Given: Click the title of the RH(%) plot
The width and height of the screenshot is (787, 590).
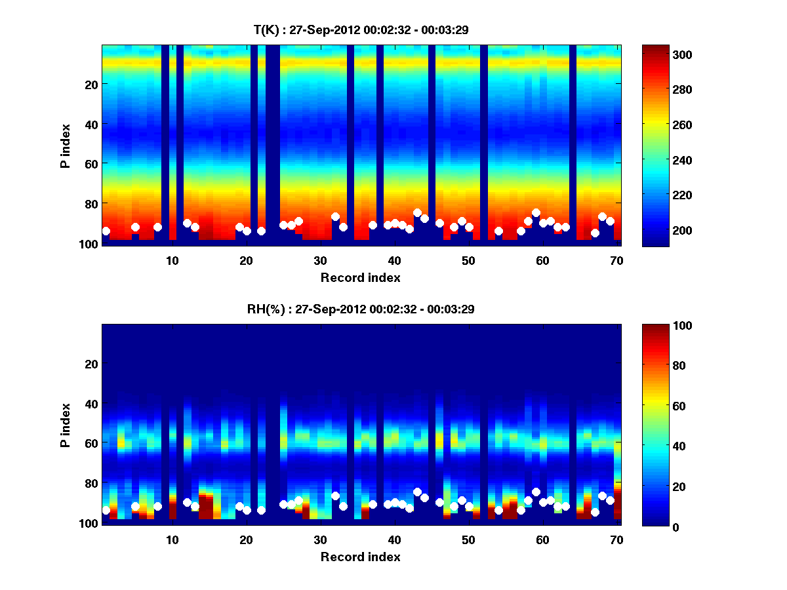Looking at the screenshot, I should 360,309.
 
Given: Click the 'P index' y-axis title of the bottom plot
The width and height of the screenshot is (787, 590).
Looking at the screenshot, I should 66,425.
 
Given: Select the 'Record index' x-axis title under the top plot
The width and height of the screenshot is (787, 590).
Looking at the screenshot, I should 360,277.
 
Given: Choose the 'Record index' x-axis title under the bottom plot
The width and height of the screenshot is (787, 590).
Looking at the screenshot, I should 360,557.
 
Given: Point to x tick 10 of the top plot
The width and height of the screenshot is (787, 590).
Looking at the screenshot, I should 172,260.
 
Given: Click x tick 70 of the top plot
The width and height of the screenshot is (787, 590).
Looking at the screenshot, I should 616,260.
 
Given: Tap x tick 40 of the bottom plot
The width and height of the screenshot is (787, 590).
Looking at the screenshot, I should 394,540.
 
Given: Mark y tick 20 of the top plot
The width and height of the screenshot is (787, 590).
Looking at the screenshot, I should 91,84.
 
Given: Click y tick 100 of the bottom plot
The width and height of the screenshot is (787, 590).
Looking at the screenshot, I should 89,523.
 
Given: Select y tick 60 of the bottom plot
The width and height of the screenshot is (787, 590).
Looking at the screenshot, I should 91,443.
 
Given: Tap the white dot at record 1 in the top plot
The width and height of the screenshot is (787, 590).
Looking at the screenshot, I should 106,231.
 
